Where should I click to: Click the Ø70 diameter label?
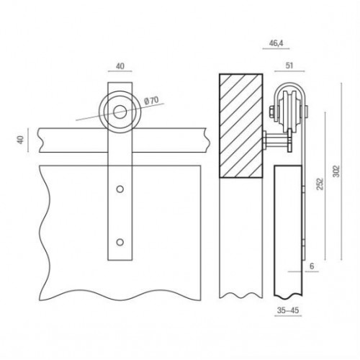pyautogui.click(x=153, y=100)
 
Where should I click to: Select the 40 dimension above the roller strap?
pyautogui.click(x=120, y=67)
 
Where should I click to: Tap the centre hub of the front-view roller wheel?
pyautogui.click(x=120, y=111)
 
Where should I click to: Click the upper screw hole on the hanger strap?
pyautogui.click(x=120, y=191)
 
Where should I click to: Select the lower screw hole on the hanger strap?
pyautogui.click(x=120, y=240)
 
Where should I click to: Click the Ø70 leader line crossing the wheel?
pyautogui.click(x=90, y=118)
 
